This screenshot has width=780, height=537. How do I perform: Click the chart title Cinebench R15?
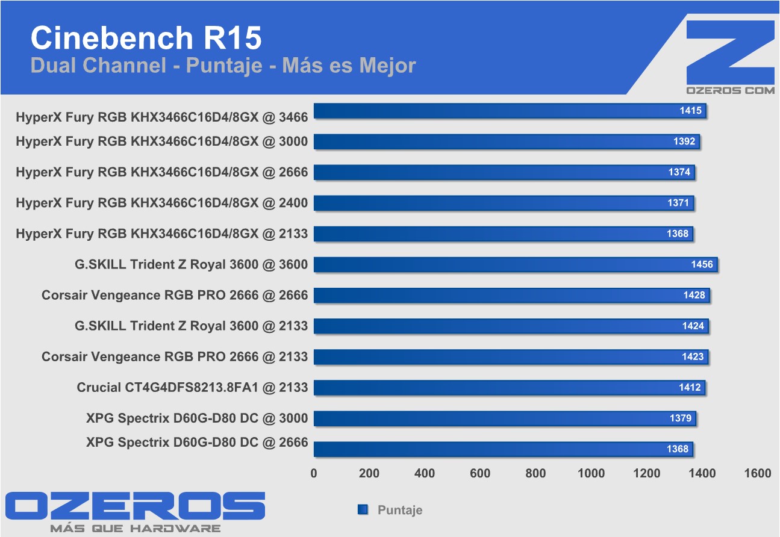(146, 38)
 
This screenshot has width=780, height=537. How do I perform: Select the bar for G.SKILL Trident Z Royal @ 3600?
(515, 264)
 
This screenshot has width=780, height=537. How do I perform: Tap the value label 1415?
(691, 111)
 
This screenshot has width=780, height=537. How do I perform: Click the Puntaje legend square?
(363, 510)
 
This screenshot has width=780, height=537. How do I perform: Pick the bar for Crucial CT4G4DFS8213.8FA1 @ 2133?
(509, 387)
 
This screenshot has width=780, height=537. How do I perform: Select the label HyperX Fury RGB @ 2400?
(161, 203)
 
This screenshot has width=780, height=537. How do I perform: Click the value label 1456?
(702, 264)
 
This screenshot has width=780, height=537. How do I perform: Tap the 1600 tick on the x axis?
(757, 473)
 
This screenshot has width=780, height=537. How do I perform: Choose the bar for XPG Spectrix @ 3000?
(505, 418)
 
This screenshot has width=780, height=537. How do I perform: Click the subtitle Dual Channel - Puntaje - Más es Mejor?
(223, 65)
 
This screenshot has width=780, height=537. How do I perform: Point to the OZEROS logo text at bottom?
(135, 506)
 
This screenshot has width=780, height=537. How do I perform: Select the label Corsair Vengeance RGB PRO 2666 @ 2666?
(175, 295)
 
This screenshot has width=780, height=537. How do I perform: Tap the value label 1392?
(684, 141)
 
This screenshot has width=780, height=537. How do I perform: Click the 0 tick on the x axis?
(314, 473)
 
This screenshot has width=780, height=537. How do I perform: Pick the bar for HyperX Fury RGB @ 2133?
(504, 234)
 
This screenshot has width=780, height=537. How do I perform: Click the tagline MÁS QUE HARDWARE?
(135, 529)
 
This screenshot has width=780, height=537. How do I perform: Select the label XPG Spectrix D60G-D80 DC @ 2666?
(197, 442)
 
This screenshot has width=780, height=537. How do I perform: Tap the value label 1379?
(681, 418)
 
